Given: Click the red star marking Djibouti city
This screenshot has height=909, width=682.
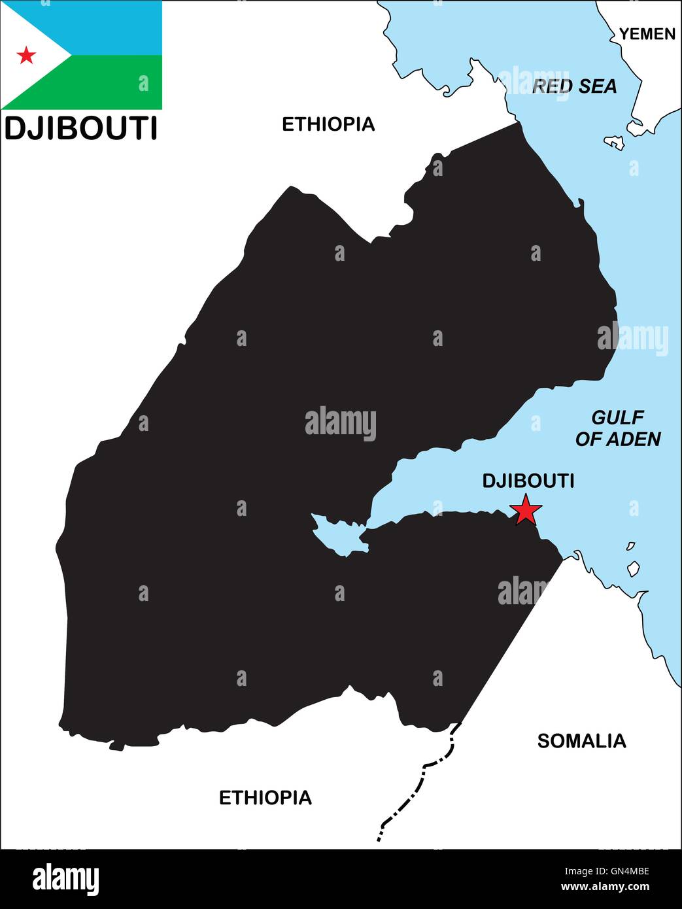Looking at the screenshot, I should pyautogui.click(x=526, y=510).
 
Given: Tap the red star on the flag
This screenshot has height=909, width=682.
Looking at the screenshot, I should pyautogui.click(x=26, y=55).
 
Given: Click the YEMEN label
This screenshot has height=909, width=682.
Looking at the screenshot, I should pyautogui.click(x=647, y=34).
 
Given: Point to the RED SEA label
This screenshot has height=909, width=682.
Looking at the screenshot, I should pyautogui.click(x=574, y=86).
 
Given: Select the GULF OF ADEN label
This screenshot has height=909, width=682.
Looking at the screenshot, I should pyautogui.click(x=617, y=428).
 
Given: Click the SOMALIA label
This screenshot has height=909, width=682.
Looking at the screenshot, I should pyautogui.click(x=581, y=740).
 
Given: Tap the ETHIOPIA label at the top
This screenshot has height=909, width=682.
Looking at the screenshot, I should pyautogui.click(x=328, y=124).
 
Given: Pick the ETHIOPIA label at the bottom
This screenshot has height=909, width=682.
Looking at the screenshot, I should pyautogui.click(x=265, y=797).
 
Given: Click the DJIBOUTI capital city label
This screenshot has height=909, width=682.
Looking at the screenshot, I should pyautogui.click(x=528, y=481).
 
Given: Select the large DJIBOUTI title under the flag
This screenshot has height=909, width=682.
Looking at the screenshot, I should pyautogui.click(x=80, y=128).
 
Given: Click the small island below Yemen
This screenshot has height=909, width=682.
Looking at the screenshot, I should pyautogui.click(x=614, y=142).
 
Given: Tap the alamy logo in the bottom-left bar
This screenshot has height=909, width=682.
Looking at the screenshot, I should pyautogui.click(x=65, y=880).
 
